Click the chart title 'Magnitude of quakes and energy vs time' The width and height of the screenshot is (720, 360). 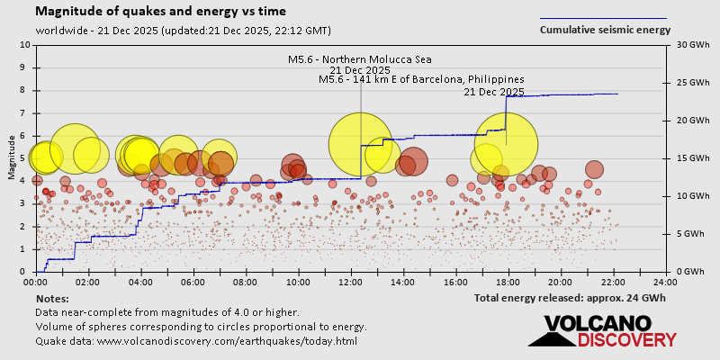(161, 12)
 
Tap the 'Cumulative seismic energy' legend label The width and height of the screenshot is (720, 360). (605, 30)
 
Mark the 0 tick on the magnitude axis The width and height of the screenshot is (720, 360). (24, 272)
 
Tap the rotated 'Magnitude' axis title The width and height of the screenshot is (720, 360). (11, 158)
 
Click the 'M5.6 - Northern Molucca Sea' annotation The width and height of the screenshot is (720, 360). (359, 59)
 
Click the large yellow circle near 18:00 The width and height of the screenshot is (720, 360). (506, 144)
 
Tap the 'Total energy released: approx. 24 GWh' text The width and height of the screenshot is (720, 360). (570, 298)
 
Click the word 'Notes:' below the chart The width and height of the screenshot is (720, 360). (52, 298)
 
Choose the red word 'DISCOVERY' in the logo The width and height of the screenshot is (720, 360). (626, 339)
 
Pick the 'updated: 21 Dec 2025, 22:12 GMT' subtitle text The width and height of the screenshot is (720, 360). (245, 31)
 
